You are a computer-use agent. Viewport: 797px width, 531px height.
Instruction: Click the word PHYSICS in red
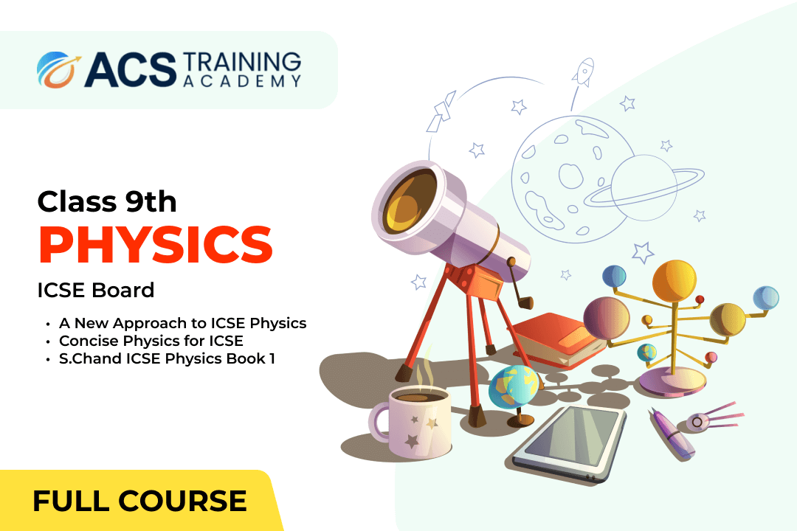pyautogui.click(x=156, y=246)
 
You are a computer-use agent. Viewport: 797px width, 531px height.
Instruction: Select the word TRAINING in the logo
pyautogui.click(x=242, y=62)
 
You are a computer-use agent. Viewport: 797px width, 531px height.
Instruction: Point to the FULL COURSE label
pyautogui.click(x=139, y=501)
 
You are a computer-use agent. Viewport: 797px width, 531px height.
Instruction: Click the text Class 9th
pyautogui.click(x=107, y=202)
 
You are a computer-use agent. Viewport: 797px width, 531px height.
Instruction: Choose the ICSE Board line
pyautogui.click(x=95, y=290)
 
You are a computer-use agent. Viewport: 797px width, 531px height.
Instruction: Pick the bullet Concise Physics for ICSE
pyautogui.click(x=151, y=341)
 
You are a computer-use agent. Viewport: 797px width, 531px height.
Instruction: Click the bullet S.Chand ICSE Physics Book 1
pyautogui.click(x=167, y=358)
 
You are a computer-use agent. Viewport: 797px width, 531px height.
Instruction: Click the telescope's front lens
pyautogui.click(x=409, y=202)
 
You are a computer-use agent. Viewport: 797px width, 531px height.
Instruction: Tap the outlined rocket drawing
pyautogui.click(x=583, y=73)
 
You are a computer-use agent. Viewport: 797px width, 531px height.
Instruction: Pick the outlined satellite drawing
pyautogui.click(x=441, y=112)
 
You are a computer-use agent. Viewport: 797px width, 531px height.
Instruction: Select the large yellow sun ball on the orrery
pyautogui.click(x=674, y=281)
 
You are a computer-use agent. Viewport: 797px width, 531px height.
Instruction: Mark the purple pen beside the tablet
pyautogui.click(x=671, y=434)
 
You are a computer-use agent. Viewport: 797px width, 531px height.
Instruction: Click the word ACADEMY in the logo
pyautogui.click(x=242, y=81)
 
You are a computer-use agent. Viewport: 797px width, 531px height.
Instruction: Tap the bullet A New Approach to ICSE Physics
pyautogui.click(x=183, y=323)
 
